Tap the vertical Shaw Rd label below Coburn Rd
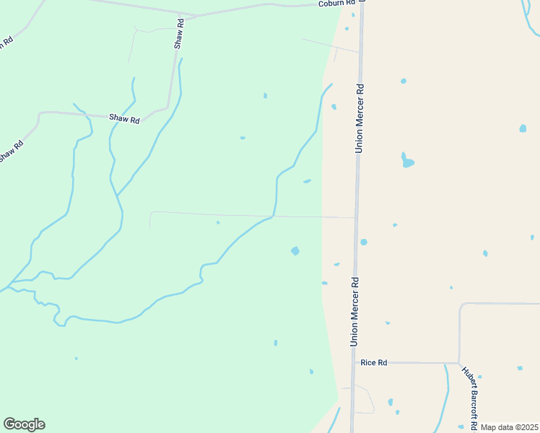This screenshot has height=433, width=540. (179, 35)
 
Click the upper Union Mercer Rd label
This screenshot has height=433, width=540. (358, 118)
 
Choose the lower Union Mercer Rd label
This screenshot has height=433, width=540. (354, 310)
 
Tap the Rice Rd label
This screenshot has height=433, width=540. (374, 362)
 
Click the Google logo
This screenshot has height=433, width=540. (24, 424)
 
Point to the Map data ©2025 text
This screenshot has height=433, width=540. (509, 427)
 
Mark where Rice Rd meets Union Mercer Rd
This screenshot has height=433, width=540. (353, 362)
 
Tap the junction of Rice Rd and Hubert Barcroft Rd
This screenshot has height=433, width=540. (459, 362)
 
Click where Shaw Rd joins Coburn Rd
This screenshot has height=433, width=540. (193, 14)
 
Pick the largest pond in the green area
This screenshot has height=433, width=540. (295, 251)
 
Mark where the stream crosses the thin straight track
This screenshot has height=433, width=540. (273, 215)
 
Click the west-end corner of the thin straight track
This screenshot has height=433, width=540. (151, 212)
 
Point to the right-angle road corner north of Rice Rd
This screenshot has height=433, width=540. (461, 305)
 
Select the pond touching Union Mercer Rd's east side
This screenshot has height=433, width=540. (363, 242)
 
